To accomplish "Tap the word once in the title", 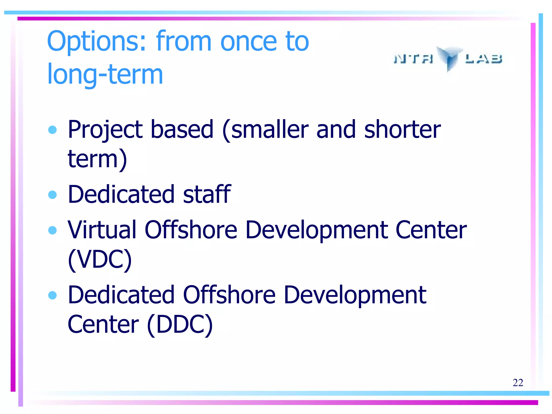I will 249,42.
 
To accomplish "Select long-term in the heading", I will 105,74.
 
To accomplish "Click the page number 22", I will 518,383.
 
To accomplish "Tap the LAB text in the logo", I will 484,58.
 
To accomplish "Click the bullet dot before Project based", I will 52,130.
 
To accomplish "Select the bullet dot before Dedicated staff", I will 52,195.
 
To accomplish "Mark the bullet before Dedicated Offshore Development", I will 52,295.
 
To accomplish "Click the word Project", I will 105,130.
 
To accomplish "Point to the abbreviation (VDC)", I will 100,259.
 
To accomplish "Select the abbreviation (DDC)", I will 180,325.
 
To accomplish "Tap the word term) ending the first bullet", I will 97,159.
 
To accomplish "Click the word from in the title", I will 184,42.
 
